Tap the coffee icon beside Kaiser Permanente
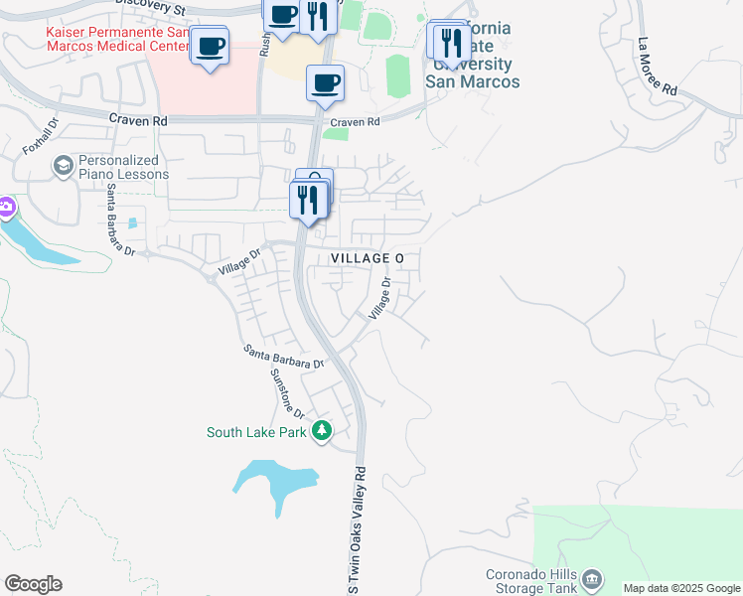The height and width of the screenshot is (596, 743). (210, 46)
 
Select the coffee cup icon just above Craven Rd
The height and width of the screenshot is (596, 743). (325, 83)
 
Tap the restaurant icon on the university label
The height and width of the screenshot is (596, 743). (452, 42)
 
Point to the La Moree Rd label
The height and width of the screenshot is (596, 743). (658, 67)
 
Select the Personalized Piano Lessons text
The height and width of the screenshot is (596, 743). (123, 167)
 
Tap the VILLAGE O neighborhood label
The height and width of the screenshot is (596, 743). (367, 258)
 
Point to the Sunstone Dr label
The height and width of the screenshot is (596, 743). (288, 394)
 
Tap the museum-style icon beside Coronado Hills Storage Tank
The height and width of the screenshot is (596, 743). (593, 578)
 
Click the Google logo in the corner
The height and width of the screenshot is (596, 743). (33, 584)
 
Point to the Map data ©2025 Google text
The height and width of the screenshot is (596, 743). (680, 588)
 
